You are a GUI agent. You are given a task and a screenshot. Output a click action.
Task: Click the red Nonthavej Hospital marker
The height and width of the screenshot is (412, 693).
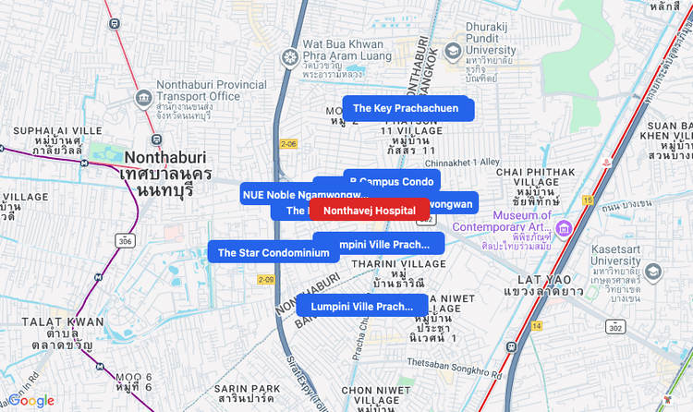tap(370, 211)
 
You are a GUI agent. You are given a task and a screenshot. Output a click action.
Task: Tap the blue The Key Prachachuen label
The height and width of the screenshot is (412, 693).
tap(406, 108)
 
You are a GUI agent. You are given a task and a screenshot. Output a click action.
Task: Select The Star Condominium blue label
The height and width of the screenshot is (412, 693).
tap(274, 253)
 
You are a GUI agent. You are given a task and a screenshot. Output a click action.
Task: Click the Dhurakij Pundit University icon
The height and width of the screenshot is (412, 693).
tap(453, 51)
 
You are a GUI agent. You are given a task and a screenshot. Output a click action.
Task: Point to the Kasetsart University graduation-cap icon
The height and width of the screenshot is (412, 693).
tap(654, 272)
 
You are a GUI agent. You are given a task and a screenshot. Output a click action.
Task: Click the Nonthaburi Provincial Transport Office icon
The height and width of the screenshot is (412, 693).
tap(143, 97)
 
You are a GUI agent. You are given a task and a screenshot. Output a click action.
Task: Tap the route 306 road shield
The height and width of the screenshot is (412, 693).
tap(124, 240)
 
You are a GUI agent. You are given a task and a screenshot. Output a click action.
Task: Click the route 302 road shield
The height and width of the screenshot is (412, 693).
tap(616, 327)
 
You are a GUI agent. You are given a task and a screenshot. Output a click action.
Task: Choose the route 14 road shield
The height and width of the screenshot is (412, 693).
tap(537, 325)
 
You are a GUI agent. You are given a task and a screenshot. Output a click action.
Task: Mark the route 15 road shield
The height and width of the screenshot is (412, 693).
tap(588, 200)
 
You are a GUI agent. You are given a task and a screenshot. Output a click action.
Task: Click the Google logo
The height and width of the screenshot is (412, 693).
tap(31, 401)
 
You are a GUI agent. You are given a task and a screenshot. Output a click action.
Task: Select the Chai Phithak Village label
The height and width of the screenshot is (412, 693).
tap(535, 185)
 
